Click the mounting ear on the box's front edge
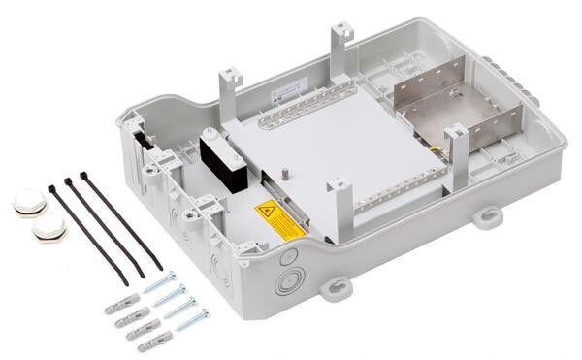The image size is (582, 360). [336, 288]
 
